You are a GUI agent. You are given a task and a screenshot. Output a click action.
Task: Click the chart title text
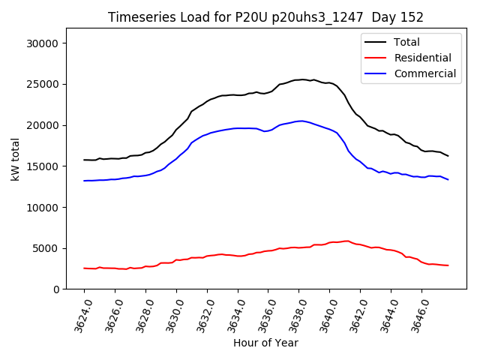coord(265,17)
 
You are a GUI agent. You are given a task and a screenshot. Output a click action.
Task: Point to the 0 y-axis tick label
coord(56,289)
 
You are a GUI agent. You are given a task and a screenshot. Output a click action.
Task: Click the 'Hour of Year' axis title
coord(265,343)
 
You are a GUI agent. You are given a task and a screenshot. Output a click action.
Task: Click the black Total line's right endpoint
coord(448,156)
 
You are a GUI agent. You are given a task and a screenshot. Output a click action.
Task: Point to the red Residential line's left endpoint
coord(84,268)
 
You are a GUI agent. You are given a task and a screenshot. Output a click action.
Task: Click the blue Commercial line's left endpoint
coord(84,181)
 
